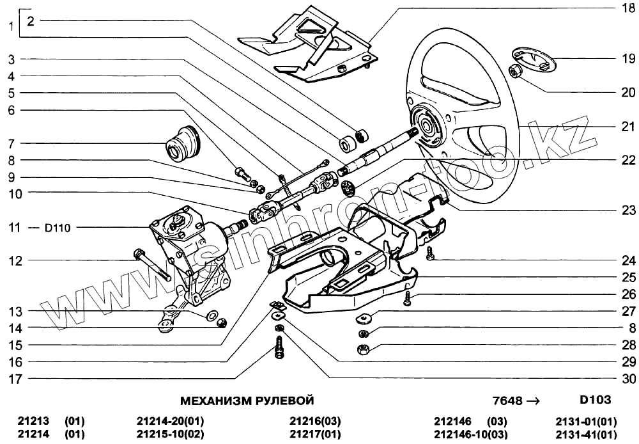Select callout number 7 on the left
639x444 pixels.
(x=11, y=143)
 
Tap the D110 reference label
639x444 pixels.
(x=56, y=227)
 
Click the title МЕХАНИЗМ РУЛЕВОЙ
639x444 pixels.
(x=247, y=401)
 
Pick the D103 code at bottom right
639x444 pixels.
(x=595, y=400)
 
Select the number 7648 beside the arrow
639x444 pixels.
(x=507, y=401)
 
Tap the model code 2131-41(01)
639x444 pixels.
(x=586, y=435)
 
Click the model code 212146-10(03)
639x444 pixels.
(x=470, y=435)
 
